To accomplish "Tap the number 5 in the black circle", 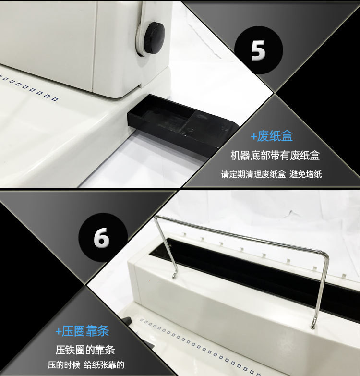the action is point(258,50).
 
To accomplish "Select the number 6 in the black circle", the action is point(102,237).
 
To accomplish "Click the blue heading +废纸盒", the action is point(272,136).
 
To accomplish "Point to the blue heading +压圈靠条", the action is point(82,331).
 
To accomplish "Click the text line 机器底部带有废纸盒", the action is point(275,156).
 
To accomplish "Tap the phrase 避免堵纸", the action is point(306,174).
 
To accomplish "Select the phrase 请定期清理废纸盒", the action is point(253,174).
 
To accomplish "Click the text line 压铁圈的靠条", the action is point(85,350).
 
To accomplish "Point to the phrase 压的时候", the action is point(64,365).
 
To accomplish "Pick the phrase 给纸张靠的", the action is point(104,365).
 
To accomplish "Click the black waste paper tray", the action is point(182,125).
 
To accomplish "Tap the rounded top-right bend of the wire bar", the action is point(325,255).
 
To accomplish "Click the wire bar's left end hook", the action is point(175,275).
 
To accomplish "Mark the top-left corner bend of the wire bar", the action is point(156,218).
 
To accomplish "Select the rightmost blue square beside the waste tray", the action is point(55,99).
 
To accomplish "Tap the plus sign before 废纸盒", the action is point(253,137).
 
